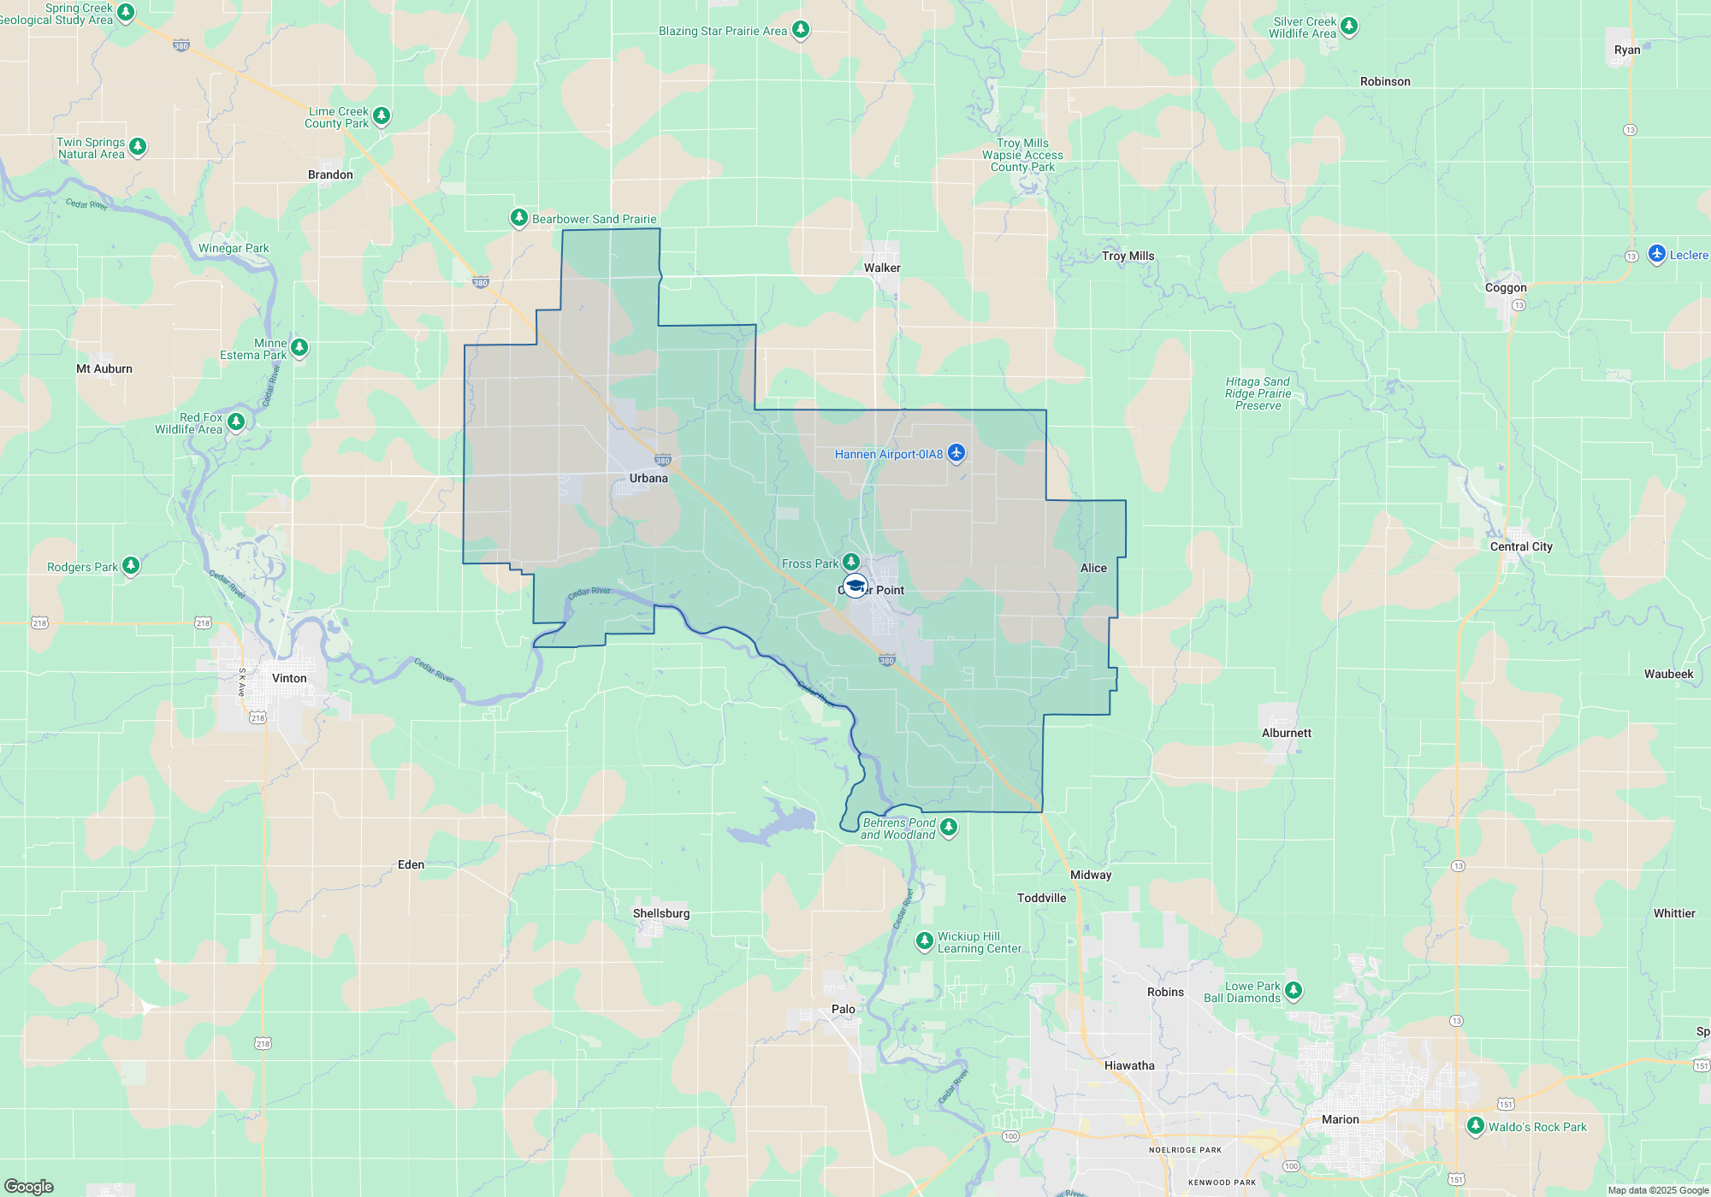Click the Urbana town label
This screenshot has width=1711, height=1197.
click(648, 478)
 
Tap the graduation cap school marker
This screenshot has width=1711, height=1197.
click(855, 587)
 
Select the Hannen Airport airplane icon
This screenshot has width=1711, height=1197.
click(956, 453)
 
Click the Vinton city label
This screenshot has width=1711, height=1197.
click(289, 678)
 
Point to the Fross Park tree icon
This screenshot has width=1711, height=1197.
click(850, 562)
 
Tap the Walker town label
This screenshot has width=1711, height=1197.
click(882, 268)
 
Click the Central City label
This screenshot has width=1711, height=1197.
click(1521, 546)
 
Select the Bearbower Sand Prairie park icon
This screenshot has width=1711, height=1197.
click(519, 217)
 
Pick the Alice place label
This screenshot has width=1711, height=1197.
click(1093, 568)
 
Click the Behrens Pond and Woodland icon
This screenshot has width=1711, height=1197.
click(949, 827)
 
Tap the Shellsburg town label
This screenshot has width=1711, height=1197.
click(661, 913)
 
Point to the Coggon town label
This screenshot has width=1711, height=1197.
click(1506, 287)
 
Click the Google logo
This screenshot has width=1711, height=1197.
click(29, 1186)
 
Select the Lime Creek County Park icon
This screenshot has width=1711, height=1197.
click(382, 115)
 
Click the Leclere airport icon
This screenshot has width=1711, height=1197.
click(1657, 254)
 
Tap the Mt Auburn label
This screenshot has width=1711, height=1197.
click(104, 369)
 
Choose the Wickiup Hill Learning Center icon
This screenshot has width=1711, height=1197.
click(925, 940)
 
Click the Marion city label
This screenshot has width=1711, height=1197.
click(1340, 1119)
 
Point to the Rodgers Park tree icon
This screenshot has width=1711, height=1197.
click(131, 565)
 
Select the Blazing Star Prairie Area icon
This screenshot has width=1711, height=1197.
click(801, 29)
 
